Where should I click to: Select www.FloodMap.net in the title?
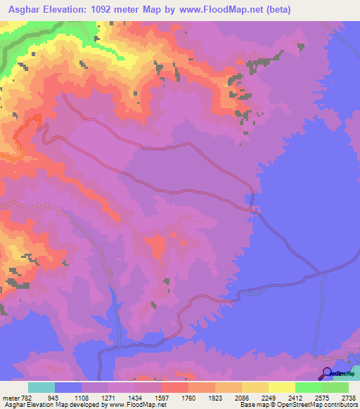click(211, 10)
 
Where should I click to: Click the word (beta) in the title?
click(274, 10)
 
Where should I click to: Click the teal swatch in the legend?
click(41, 388)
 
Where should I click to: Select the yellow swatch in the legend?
click(282, 388)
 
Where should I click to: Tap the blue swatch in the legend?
click(68, 388)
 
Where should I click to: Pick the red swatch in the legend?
click(175, 388)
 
